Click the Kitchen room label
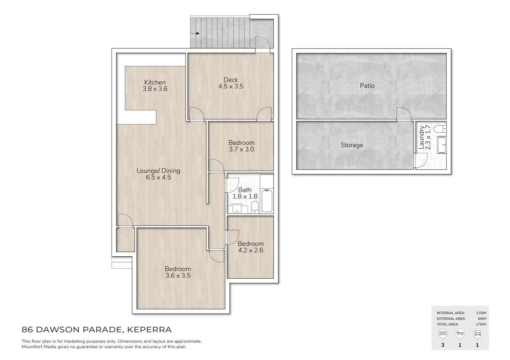tap(155, 82)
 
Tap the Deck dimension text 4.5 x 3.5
tap(231, 86)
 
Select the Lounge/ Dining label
tap(158, 171)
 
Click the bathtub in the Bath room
tap(267, 200)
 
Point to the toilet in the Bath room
tap(255, 207)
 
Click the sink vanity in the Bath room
tap(238, 209)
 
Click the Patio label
tap(367, 86)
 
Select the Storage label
tap(352, 145)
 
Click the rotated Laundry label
tap(422, 137)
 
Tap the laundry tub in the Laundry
tap(441, 145)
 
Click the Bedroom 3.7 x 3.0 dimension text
tap(241, 149)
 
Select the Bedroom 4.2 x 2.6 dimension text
tap(251, 250)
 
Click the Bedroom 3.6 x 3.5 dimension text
tap(178, 276)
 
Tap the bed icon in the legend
tap(443, 333)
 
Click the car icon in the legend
tap(477, 333)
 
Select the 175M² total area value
tap(481, 324)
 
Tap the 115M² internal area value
tap(481, 313)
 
